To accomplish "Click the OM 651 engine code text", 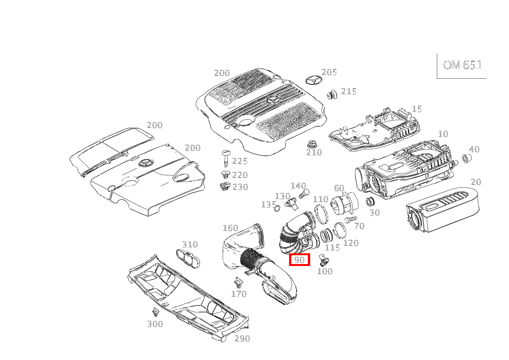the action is point(462,65).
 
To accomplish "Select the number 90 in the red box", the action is point(299,259).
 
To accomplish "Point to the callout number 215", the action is point(349,91).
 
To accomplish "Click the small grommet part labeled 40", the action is point(467,158).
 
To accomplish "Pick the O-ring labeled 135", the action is point(277,208).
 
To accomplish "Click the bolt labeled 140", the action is point(304,193).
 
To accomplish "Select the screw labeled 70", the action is point(350,219).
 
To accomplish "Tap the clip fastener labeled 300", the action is point(155,312).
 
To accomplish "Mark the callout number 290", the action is point(242,345).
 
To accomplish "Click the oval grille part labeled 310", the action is point(188,259).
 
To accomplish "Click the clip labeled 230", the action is point(225,187).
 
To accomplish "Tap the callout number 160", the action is point(230,228).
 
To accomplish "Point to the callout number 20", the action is point(476,182).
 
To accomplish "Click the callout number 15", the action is point(417,109).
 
